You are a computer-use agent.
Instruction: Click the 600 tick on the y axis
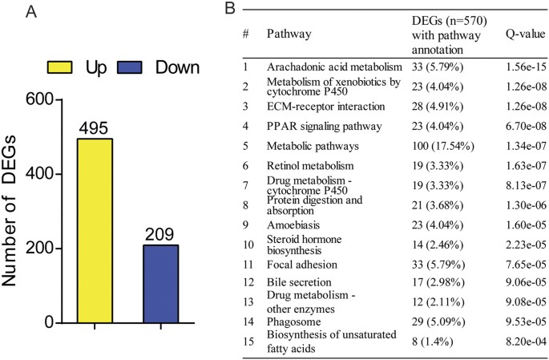pos(39,99)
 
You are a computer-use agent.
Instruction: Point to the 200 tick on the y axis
pos(39,249)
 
